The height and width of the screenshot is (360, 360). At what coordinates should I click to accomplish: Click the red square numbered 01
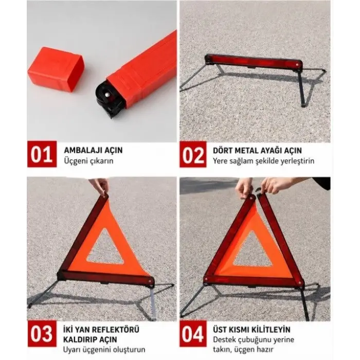[x=42, y=154]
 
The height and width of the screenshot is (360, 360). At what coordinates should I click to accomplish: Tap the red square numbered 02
[x=193, y=154]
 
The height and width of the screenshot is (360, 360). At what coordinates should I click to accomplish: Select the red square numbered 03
[x=42, y=334]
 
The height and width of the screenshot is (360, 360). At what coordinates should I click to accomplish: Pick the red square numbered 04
[x=193, y=334]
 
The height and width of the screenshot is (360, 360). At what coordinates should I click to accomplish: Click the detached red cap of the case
[x=56, y=69]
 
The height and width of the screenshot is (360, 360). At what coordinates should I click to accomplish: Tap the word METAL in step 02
[x=246, y=151]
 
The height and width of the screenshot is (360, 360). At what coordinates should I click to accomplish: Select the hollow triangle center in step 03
[x=105, y=248]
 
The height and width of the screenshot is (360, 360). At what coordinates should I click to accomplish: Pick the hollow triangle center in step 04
[x=253, y=250]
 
